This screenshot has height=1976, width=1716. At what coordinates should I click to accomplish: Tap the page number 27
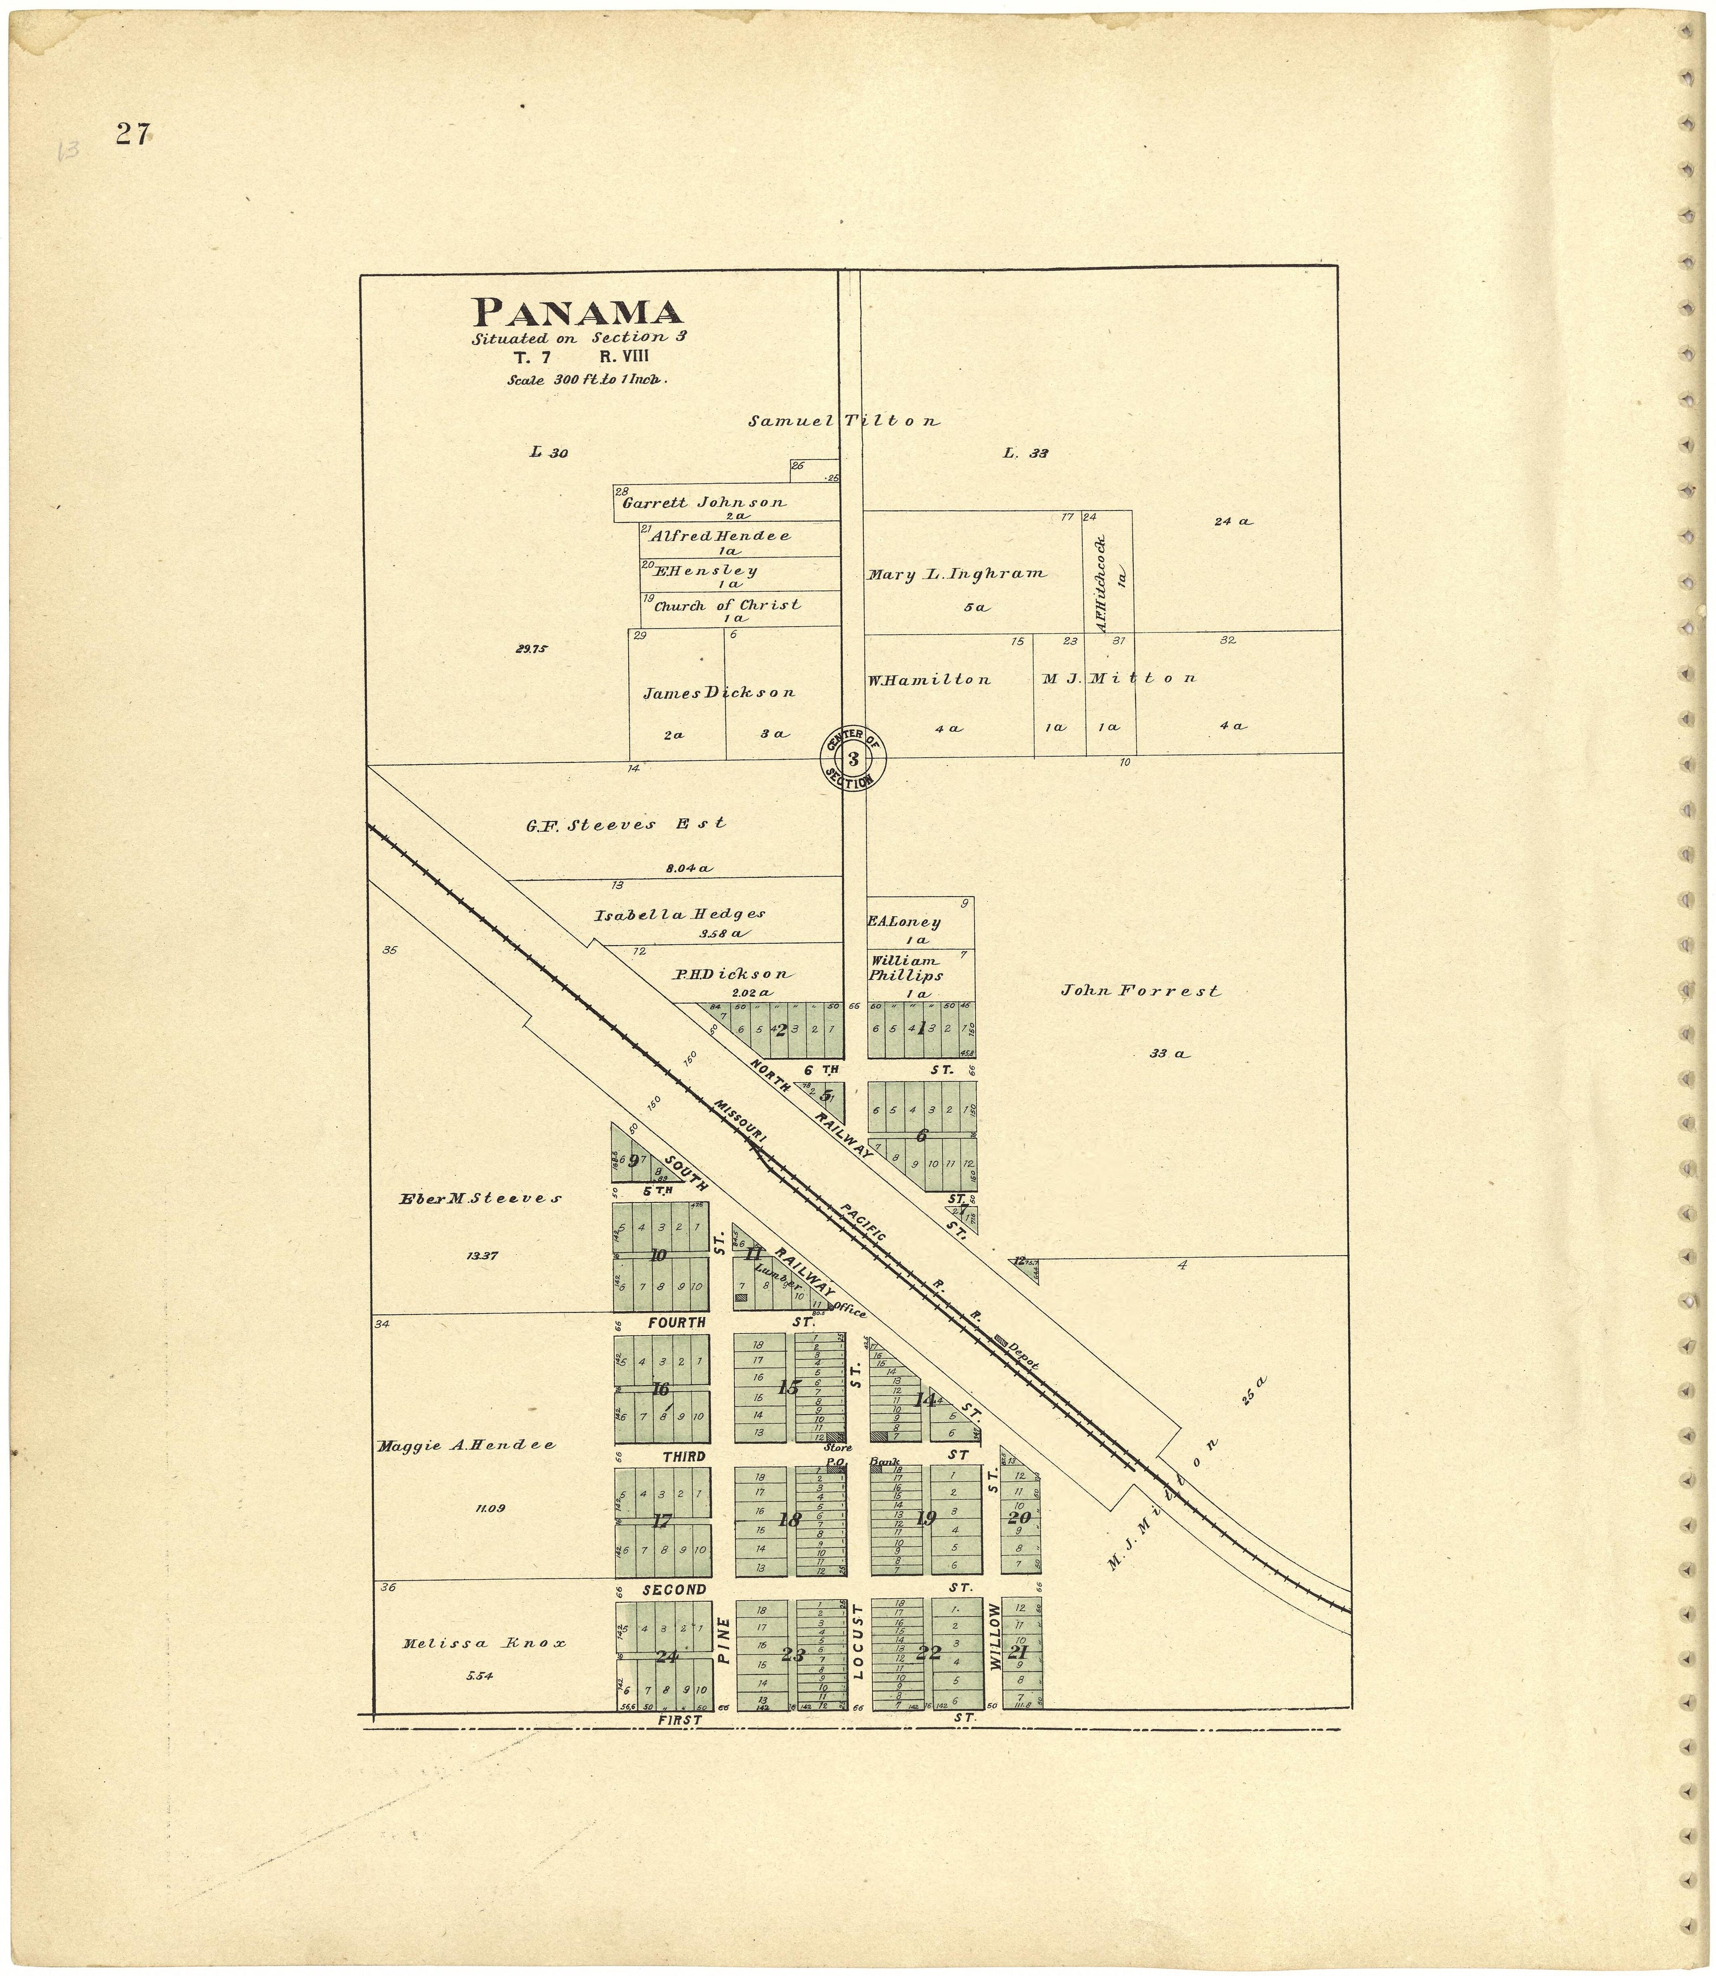click(x=132, y=135)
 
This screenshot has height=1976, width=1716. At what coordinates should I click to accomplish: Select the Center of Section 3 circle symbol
click(x=852, y=758)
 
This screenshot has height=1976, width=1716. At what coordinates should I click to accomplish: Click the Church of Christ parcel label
click(x=727, y=605)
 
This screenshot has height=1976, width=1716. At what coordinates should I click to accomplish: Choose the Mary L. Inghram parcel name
click(x=957, y=575)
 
